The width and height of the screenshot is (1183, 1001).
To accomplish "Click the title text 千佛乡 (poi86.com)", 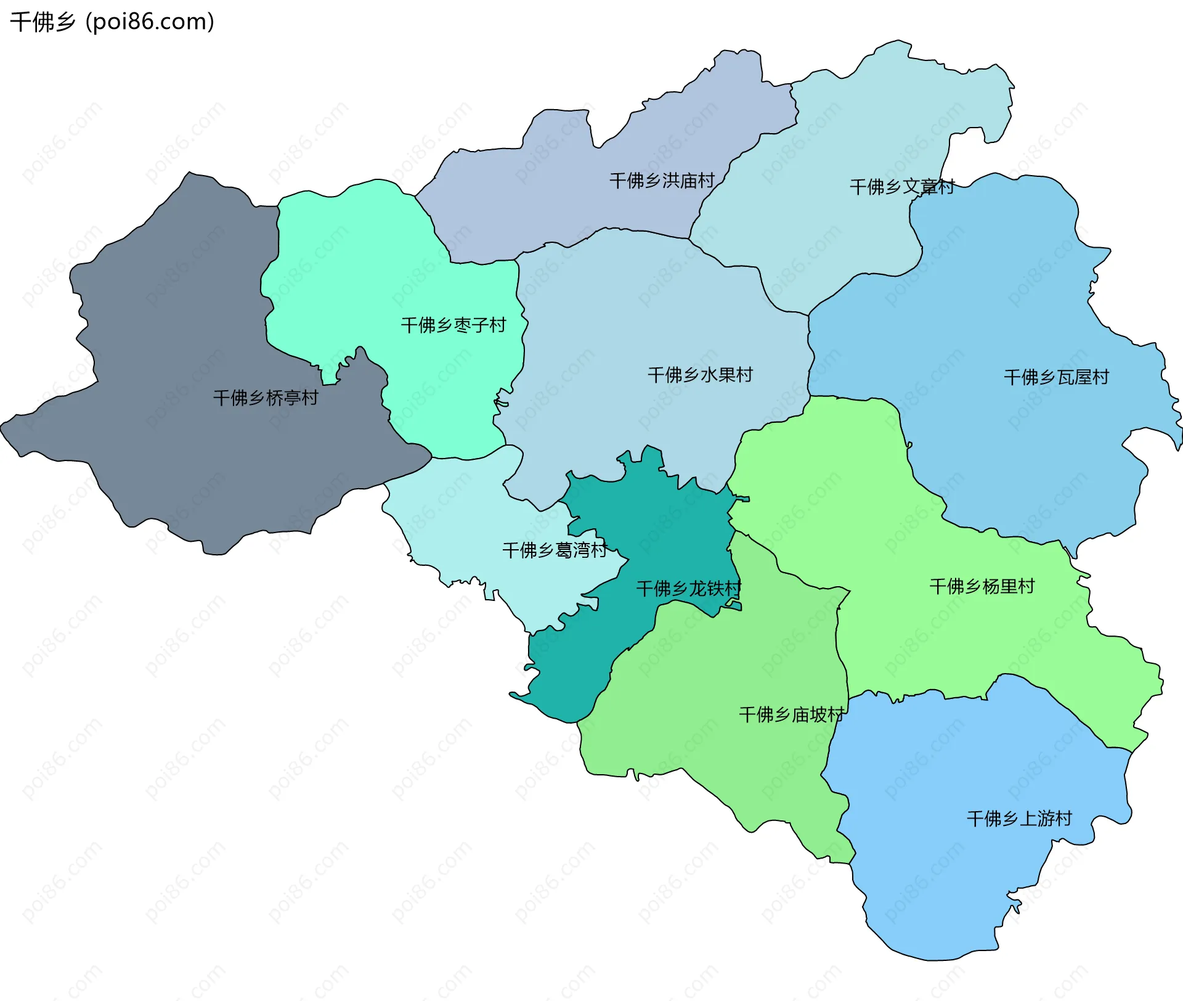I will click(x=112, y=22).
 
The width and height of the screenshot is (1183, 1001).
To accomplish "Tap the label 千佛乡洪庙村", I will click(x=662, y=181).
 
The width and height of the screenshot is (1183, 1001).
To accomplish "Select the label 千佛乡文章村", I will click(x=902, y=187).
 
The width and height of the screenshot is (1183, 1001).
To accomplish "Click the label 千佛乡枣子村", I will click(x=453, y=325).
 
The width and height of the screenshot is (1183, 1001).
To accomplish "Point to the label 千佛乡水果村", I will click(x=700, y=374).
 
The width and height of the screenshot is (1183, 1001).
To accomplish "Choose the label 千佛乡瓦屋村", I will click(x=1056, y=377).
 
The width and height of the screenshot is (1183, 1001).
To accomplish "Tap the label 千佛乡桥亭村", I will click(x=266, y=398).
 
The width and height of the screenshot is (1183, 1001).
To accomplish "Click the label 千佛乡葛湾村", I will click(x=555, y=550).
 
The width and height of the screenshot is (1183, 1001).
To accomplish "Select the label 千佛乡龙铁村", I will click(x=688, y=588).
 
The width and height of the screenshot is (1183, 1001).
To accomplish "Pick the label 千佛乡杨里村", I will click(x=982, y=586).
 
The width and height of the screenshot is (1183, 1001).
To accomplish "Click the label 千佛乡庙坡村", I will click(x=791, y=714).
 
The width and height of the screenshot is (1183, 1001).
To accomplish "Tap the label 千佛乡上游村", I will click(x=1019, y=819).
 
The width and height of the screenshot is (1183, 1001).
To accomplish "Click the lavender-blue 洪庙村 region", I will click(x=555, y=197).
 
